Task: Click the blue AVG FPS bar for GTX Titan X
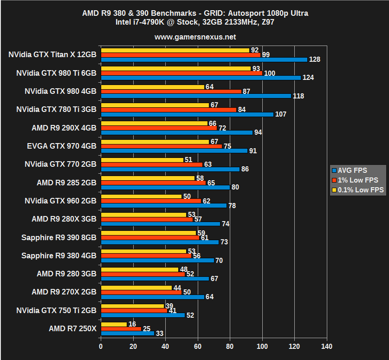coord(204,59)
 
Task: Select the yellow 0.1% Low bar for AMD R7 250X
coord(114,324)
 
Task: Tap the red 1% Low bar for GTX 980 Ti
coord(182,73)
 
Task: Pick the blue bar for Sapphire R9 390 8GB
coord(160,242)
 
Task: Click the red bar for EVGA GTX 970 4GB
coord(161,146)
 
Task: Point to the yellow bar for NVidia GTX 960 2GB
coord(141,196)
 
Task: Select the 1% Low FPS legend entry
coord(357,180)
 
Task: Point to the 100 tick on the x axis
coord(263,347)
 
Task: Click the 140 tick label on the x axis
coord(327,347)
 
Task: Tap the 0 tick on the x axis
coord(101,347)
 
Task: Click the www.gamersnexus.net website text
coord(195,37)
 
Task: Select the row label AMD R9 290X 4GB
coord(64,128)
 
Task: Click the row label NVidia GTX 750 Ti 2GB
coord(56,310)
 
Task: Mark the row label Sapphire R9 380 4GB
coord(59,255)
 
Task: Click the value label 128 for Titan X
coord(315,59)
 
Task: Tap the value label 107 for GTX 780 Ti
coord(281,114)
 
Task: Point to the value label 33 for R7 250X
coord(159,333)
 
